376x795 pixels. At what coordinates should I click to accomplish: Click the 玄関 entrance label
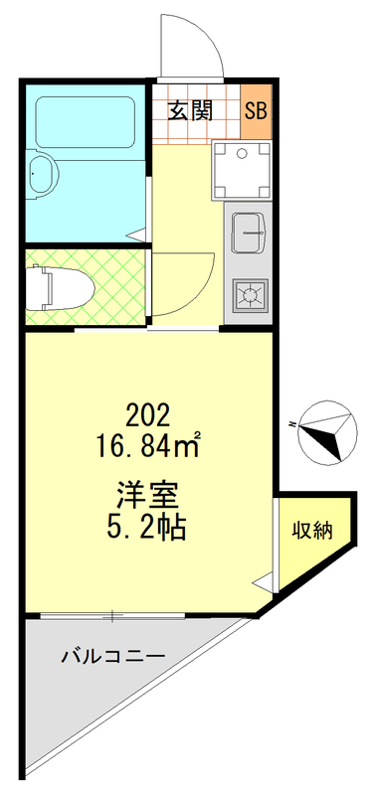pos(190,110)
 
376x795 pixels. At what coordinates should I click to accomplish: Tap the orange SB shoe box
pos(256,110)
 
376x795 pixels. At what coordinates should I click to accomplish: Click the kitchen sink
pos(250,235)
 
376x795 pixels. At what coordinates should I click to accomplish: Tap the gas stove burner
pos(248,294)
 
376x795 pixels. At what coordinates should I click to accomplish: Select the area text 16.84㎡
pos(148,444)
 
